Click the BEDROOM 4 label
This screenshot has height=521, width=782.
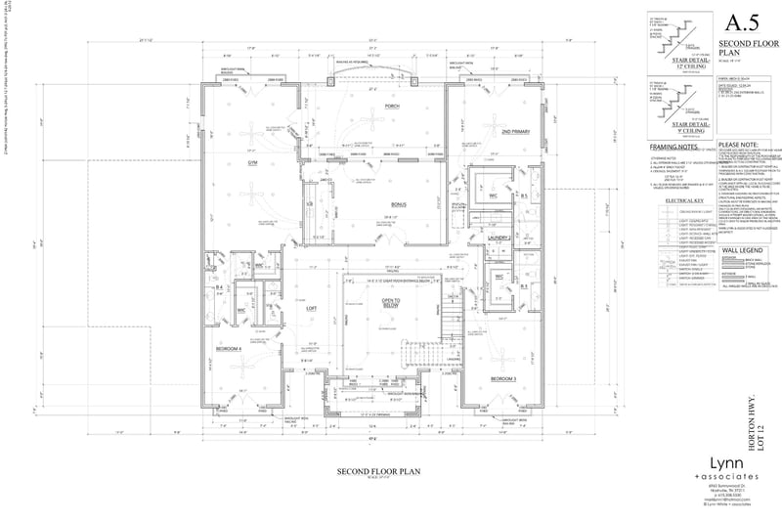[x=228, y=348]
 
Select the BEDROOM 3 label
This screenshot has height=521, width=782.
[x=502, y=377]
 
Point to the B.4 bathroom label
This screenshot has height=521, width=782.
[x=220, y=288]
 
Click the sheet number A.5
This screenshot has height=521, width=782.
[x=735, y=23]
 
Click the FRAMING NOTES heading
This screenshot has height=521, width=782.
[x=670, y=146]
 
